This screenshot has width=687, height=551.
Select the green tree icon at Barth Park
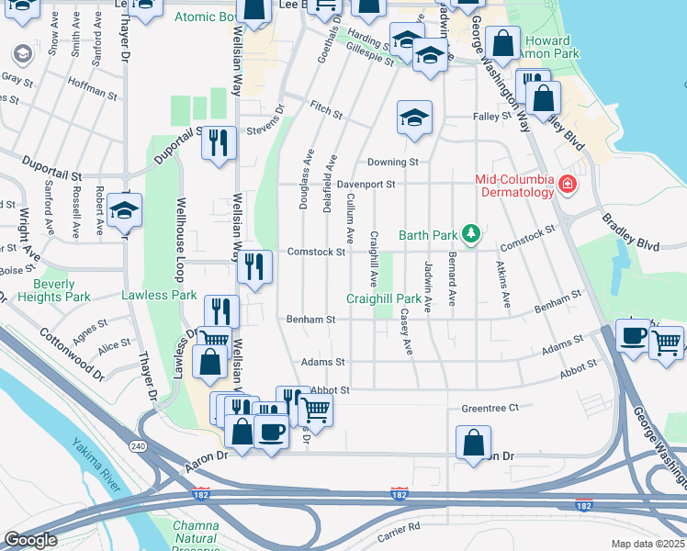pyautogui.click(x=471, y=234)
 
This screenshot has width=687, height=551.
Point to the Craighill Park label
pyautogui.click(x=383, y=298)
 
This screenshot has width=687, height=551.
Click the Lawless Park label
pyautogui.click(x=159, y=295)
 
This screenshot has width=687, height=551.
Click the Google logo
pyautogui.click(x=30, y=540)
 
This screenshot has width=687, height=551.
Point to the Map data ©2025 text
pyautogui.click(x=648, y=544)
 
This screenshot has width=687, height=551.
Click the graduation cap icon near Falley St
pyautogui.click(x=414, y=117)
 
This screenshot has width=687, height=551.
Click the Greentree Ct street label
pyautogui.click(x=490, y=408)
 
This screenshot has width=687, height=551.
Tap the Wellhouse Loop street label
pyautogui.click(x=181, y=235)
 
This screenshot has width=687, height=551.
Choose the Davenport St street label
pyautogui.click(x=365, y=184)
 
